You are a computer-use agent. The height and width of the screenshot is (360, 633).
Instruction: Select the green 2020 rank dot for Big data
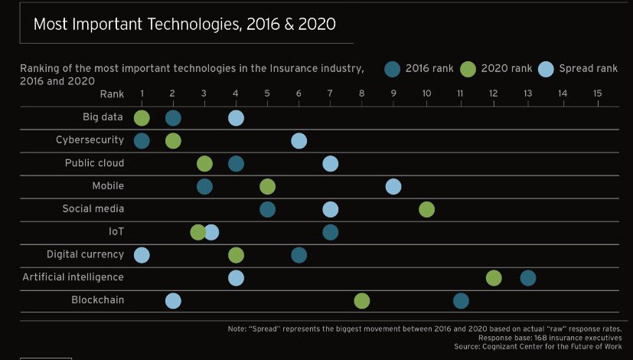pos(142,118)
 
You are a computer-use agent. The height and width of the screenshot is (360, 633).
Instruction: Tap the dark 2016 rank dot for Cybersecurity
pos(142,141)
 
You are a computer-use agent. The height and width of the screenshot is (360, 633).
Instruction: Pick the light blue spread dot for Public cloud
pos(330,163)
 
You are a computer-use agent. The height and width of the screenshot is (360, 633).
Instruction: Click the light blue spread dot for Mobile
pos(393,186)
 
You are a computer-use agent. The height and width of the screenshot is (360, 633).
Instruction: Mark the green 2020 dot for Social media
pos(426,209)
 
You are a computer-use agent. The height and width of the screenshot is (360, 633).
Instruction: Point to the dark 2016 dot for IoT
pos(330,232)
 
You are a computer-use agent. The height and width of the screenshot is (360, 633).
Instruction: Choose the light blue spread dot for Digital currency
pos(142,255)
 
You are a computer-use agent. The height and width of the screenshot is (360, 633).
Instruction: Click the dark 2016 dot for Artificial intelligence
pos(528,278)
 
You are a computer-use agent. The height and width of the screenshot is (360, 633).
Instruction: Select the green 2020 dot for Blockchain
pos(362,301)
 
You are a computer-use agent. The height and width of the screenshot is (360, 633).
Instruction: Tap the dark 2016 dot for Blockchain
pos(460,301)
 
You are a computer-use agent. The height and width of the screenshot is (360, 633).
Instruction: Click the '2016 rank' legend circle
pos(393,69)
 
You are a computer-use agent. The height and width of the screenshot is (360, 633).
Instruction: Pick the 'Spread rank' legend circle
pos(547,69)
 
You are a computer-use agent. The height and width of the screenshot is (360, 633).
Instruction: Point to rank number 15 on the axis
pos(597,93)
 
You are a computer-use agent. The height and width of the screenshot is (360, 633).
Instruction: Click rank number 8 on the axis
pos(362,93)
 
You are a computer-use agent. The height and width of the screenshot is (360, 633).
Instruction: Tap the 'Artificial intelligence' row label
pos(73,277)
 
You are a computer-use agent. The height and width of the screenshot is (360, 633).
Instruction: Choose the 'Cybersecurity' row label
pos(90,140)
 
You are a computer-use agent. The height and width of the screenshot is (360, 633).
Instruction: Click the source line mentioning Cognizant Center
pos(537,346)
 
